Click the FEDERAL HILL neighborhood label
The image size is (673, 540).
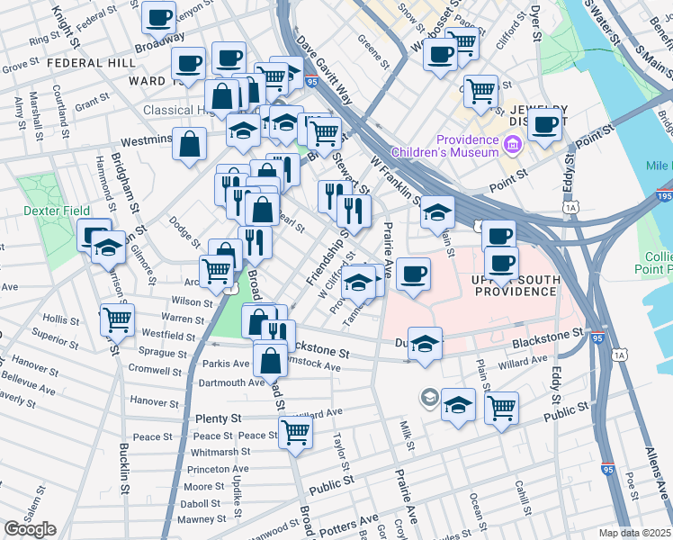coord(91,63)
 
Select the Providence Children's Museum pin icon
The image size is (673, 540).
coord(512,144)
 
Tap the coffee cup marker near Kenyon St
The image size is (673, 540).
coord(158,17)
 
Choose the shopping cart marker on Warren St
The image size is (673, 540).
coord(117,319)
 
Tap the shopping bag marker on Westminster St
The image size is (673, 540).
coord(190,143)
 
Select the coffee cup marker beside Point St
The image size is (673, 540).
coord(545,125)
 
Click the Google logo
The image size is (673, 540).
coord(30,528)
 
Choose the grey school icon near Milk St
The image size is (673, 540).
coord(430,397)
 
